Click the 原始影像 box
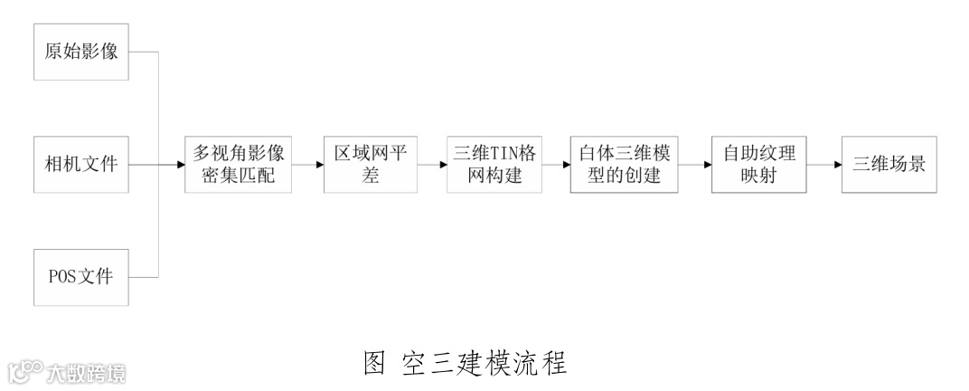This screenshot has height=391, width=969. (x=81, y=52)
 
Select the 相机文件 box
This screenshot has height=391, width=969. (x=81, y=165)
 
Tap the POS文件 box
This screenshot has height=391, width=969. (x=81, y=276)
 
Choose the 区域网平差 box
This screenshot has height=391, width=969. (x=371, y=165)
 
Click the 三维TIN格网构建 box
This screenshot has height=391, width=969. (x=495, y=165)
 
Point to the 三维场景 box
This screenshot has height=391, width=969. (x=890, y=165)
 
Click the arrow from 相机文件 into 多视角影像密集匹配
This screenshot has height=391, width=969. (x=158, y=166)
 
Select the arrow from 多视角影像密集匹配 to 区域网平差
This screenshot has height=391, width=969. (x=308, y=166)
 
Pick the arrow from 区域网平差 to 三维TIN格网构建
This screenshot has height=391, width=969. (x=431, y=166)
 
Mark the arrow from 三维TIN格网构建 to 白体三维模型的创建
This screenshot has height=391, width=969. (x=555, y=166)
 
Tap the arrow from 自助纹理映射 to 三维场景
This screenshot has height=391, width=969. (x=823, y=166)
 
